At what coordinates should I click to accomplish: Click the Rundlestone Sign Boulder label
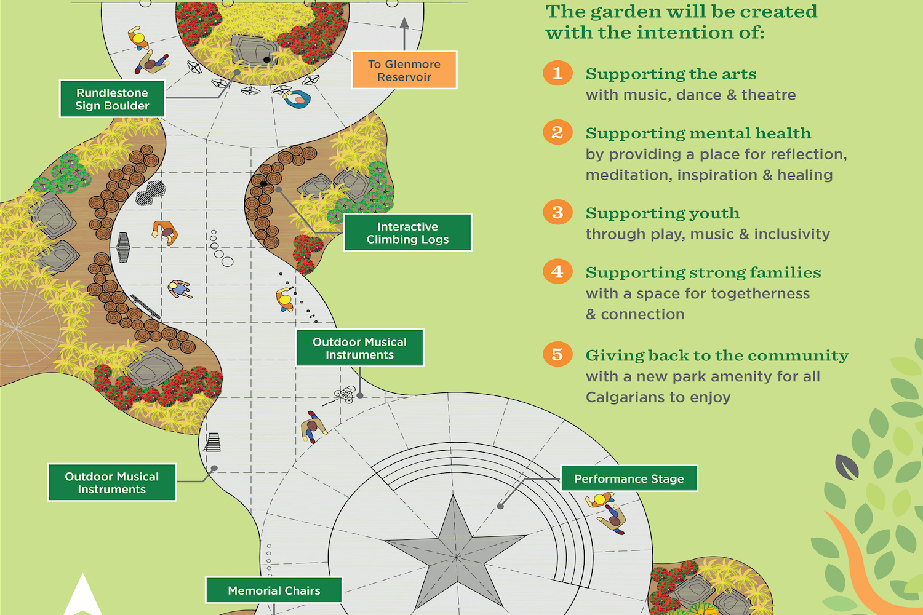tap(112, 99)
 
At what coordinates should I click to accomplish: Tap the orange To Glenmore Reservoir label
tap(404, 70)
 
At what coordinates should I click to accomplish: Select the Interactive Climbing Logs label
tap(407, 232)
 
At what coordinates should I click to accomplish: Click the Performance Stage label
tap(629, 478)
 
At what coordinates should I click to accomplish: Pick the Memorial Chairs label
tap(274, 590)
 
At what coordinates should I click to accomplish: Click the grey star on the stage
tap(455, 552)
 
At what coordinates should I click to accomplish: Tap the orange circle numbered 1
tap(557, 73)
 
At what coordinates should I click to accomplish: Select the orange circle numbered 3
tap(557, 213)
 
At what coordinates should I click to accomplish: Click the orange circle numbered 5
tap(557, 354)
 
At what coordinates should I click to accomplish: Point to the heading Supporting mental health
tap(698, 133)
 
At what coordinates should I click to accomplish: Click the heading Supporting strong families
tap(703, 272)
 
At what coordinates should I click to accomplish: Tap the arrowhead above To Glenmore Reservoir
tap(404, 23)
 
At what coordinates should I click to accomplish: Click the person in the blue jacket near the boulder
tap(297, 99)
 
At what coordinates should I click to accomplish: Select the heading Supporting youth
tap(663, 213)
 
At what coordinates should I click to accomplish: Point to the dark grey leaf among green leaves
tap(846, 467)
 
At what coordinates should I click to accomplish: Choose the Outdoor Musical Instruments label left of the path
tap(111, 483)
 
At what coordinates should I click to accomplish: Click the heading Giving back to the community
tap(717, 355)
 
